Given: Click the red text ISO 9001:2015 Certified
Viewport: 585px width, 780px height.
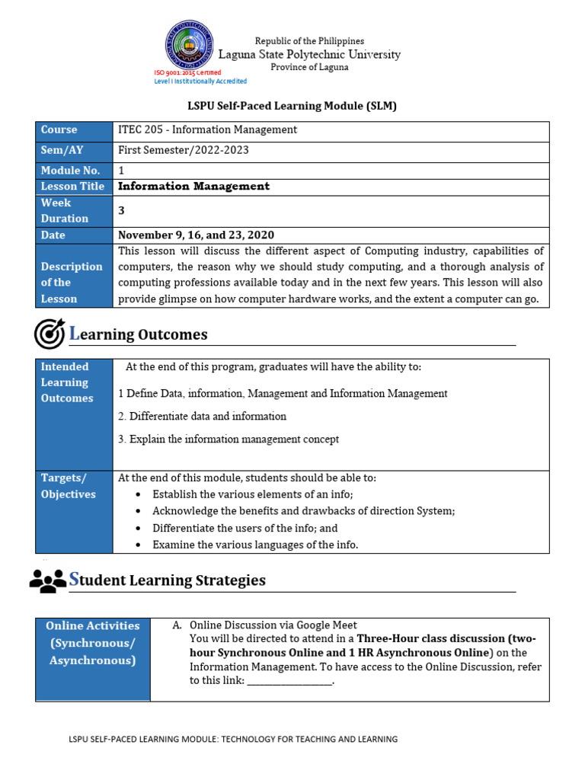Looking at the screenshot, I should coord(187,72).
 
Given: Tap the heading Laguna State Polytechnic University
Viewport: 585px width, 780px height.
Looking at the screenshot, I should coord(309,54).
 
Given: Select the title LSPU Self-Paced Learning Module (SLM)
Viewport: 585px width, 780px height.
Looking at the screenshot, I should coord(292,106).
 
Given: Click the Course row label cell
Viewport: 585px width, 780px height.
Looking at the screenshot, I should coord(74,130).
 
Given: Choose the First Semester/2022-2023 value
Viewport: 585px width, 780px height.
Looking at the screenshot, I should coord(183,150).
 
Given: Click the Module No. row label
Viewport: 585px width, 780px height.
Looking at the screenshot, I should coord(74,171).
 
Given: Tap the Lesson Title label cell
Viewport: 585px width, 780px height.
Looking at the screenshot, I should coord(74,187).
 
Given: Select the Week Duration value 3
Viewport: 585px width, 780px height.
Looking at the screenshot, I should coord(121,210).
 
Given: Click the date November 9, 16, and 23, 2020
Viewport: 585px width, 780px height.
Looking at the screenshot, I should coord(196,235).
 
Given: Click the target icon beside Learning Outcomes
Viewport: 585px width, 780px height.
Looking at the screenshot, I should coord(49,334).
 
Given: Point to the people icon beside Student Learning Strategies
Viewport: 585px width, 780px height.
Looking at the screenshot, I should coord(48,580).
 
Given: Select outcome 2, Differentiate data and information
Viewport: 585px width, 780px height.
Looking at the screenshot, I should coord(203,417).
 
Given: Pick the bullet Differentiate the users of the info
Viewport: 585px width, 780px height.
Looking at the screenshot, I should coord(245,528).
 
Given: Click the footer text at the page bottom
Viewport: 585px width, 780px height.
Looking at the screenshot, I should coord(233,739).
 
